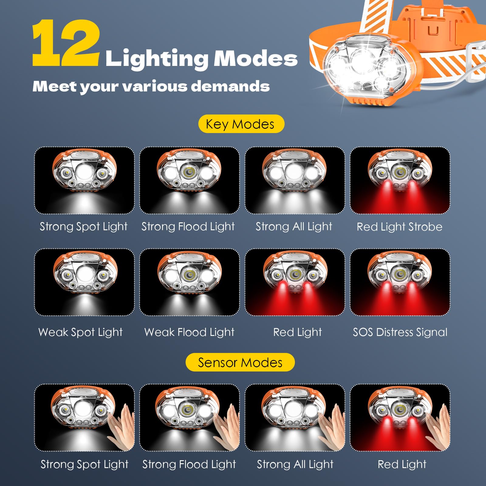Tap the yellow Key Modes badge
(x=241, y=124)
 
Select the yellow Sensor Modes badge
(x=240, y=362)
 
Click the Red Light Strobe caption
(x=399, y=227)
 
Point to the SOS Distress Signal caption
(x=400, y=332)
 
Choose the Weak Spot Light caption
(x=80, y=332)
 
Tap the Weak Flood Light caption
(x=189, y=332)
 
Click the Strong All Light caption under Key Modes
(x=294, y=227)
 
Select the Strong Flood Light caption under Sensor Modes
(x=189, y=464)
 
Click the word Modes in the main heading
(x=255, y=58)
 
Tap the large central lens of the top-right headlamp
(x=363, y=61)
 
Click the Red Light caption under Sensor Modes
(x=402, y=464)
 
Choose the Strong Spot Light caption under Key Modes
(x=84, y=227)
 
